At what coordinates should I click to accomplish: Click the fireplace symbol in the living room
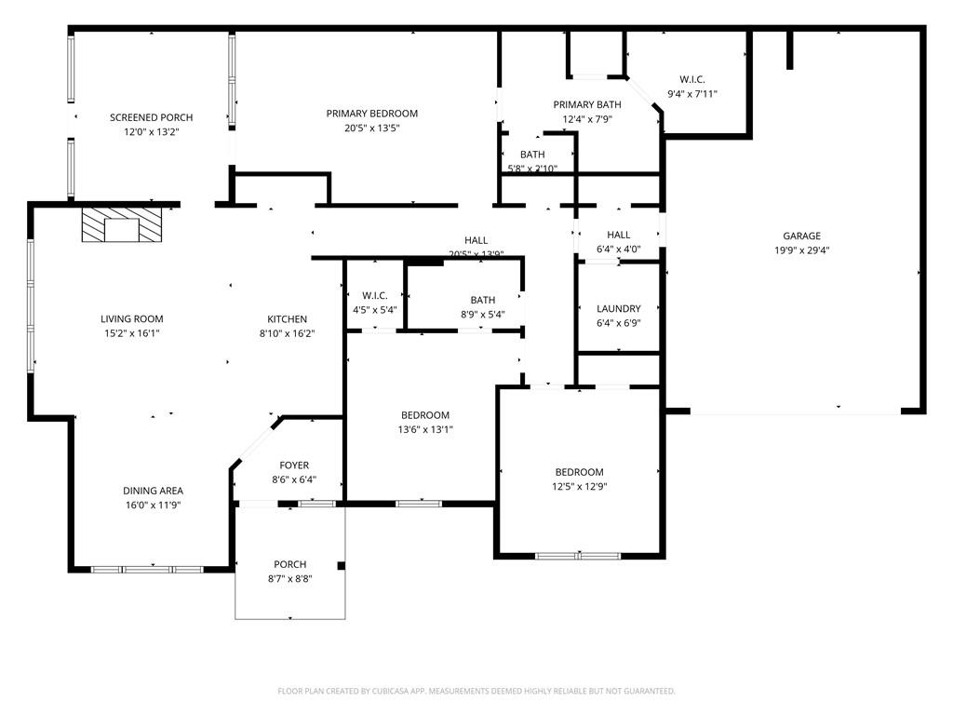(121, 225)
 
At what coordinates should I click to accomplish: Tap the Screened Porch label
(151, 117)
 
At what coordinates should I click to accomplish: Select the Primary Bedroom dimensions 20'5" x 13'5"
(371, 128)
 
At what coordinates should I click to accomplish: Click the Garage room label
(800, 236)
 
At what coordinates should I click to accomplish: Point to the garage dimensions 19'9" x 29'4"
(800, 250)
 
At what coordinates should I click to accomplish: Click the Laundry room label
(618, 308)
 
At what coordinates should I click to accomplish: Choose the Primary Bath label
(586, 104)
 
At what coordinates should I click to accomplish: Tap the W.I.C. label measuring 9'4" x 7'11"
(691, 79)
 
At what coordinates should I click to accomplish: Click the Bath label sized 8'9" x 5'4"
(482, 300)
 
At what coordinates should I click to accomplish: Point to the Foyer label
(294, 465)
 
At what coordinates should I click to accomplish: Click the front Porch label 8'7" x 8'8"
(289, 564)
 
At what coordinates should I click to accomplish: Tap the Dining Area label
(153, 491)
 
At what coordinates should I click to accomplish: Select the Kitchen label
(287, 319)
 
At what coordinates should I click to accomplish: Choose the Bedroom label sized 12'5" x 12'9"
(579, 472)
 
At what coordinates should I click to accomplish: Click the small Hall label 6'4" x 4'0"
(618, 235)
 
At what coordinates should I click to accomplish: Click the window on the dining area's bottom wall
(147, 569)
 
